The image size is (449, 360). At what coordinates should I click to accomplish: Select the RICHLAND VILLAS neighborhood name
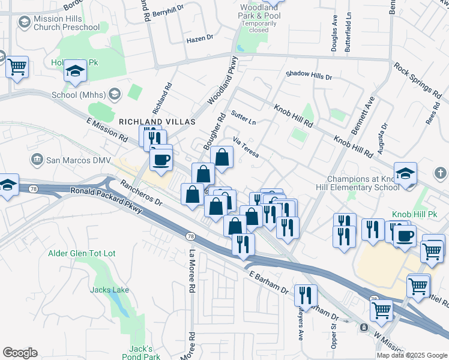[157, 122]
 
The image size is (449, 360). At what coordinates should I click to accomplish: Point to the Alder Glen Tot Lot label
[82, 253]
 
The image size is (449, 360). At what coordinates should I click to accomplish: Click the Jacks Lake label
[109, 290]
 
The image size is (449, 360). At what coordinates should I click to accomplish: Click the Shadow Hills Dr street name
[309, 75]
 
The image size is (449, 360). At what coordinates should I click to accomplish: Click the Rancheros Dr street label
[141, 193]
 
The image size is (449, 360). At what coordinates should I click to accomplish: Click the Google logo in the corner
[19, 353]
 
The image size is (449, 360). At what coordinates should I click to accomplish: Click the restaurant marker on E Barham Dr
[307, 295]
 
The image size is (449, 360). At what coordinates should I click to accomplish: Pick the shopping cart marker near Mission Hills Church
[17, 67]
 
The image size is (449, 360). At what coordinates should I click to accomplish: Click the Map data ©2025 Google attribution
[411, 355]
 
